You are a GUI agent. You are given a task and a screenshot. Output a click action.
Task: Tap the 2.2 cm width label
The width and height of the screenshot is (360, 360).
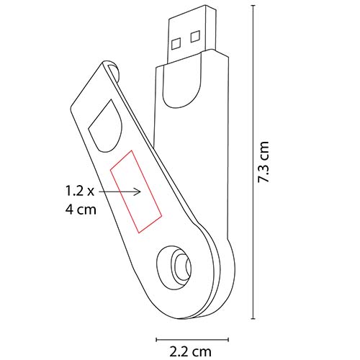coord(192,352)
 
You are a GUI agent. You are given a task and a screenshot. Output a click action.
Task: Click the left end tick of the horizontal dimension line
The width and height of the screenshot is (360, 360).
coord(157,337)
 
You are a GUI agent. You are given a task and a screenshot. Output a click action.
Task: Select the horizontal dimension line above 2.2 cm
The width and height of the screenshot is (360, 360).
coord(192,337)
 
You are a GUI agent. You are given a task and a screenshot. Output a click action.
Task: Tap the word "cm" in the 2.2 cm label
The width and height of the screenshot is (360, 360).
coord(204,352)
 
